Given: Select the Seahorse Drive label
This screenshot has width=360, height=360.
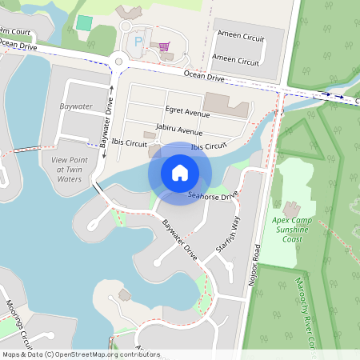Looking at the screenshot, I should (x=213, y=195).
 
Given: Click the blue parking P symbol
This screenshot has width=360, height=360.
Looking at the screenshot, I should (x=138, y=41).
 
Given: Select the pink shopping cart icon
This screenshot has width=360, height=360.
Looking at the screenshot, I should (x=164, y=46).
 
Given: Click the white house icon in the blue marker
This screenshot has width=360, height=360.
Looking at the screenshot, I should (x=180, y=172).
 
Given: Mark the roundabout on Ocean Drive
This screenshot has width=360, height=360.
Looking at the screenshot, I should (x=120, y=60).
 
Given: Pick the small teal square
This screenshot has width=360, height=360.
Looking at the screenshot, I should (x=83, y=22).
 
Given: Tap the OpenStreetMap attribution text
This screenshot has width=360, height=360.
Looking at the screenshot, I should (x=81, y=354).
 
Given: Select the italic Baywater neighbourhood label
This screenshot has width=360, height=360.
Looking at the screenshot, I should (x=76, y=105).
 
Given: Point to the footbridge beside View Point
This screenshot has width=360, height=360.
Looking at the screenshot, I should (x=26, y=149).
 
